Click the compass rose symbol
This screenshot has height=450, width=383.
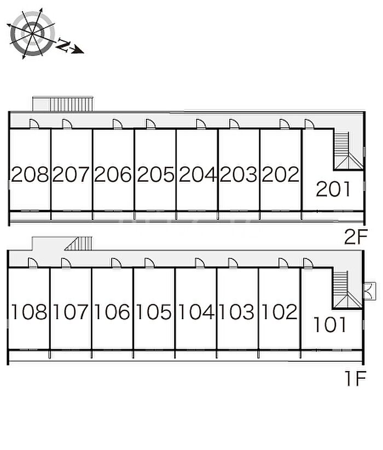pyautogui.click(x=32, y=34)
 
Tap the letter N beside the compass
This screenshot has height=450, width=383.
pyautogui.click(x=63, y=46)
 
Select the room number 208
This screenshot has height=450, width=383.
pyautogui.click(x=30, y=175)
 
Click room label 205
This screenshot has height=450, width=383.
pyautogui.click(x=155, y=175)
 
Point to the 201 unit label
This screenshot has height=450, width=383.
pyautogui.click(x=333, y=189)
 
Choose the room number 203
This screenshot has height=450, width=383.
pyautogui.click(x=239, y=175)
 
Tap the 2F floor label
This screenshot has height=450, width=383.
pyautogui.click(x=356, y=237)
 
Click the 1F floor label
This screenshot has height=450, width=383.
pyautogui.click(x=355, y=379)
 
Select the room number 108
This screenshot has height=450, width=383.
pyautogui.click(x=30, y=312)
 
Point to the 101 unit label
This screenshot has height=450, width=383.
pyautogui.click(x=330, y=325)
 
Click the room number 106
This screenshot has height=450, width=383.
pyautogui.click(x=112, y=312)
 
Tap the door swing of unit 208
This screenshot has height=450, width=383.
pyautogui.click(x=33, y=124)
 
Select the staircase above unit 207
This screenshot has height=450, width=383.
pyautogui.click(x=71, y=103)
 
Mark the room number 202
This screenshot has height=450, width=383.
pyautogui.click(x=281, y=175)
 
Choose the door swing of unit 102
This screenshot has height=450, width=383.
pyautogui.click(x=283, y=263)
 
